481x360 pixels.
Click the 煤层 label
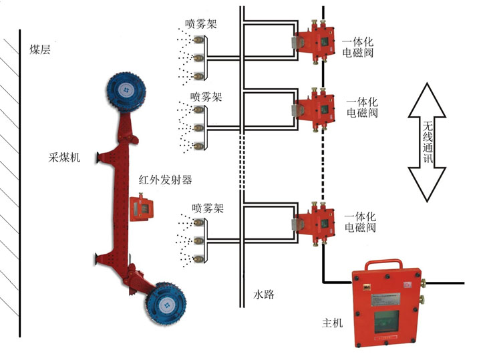39,49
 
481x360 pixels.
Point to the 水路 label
265,294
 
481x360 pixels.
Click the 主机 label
332,323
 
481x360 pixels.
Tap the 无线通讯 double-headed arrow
428,141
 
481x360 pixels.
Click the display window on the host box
389,320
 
